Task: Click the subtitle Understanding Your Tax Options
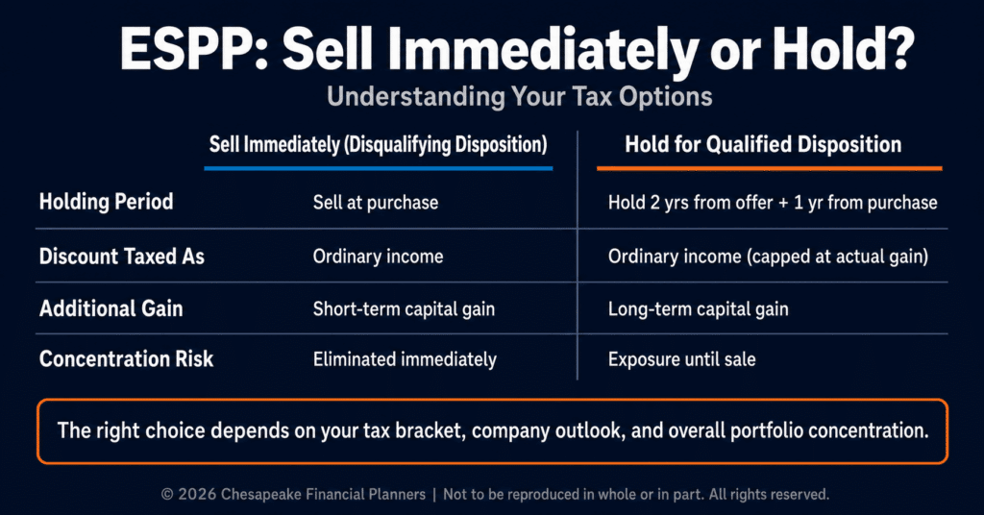pyautogui.click(x=520, y=97)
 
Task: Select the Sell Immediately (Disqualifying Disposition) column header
pyautogui.click(x=378, y=145)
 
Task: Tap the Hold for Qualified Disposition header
pyautogui.click(x=763, y=145)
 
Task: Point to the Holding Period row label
pyautogui.click(x=106, y=202)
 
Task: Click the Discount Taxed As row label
pyautogui.click(x=122, y=256)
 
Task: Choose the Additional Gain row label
pyautogui.click(x=111, y=308)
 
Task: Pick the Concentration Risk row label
pyautogui.click(x=126, y=358)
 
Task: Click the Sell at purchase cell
pyautogui.click(x=376, y=203)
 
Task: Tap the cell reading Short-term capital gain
pyautogui.click(x=405, y=309)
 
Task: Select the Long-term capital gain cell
pyautogui.click(x=699, y=309)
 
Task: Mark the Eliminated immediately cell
pyautogui.click(x=405, y=359)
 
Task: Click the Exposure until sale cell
pyautogui.click(x=682, y=359)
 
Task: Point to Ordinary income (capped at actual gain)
pyautogui.click(x=768, y=257)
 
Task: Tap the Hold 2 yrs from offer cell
pyautogui.click(x=773, y=203)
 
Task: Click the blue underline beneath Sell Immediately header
pyautogui.click(x=379, y=168)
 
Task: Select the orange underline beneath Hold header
pyautogui.click(x=770, y=168)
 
